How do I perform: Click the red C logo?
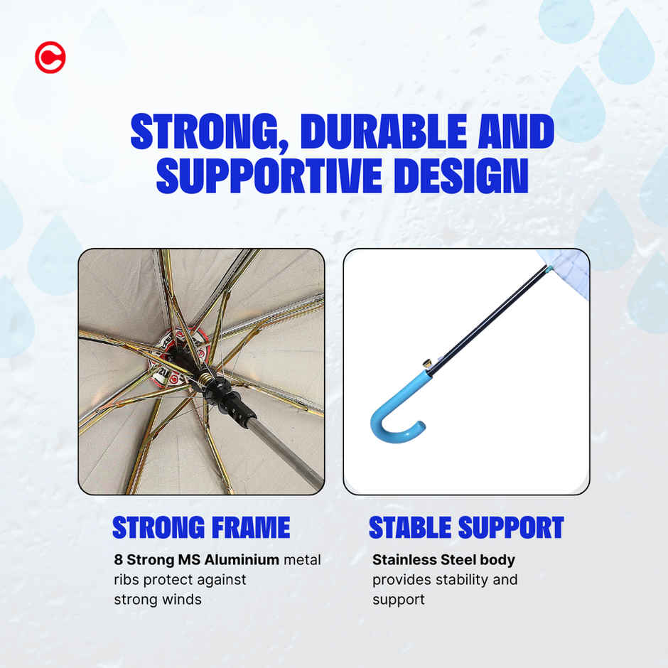coord(50,58)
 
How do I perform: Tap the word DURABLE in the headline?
coord(384,131)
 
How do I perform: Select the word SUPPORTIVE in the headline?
coord(269,176)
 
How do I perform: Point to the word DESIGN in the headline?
coord(461,176)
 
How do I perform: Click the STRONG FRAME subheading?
coord(201,527)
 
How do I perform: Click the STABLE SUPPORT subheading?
coord(466,527)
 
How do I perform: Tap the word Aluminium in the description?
coord(242,559)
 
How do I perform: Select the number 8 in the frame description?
coord(118,560)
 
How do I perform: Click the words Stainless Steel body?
coord(443,560)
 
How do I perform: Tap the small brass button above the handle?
coord(426,363)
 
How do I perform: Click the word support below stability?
coord(399,600)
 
